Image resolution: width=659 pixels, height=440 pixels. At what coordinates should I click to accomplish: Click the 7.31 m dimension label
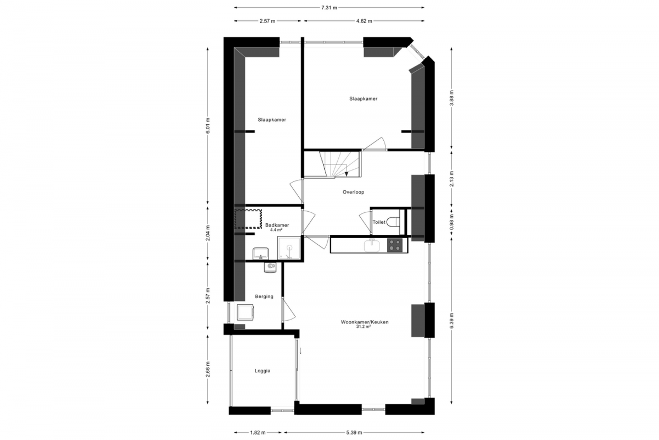pos(329,8)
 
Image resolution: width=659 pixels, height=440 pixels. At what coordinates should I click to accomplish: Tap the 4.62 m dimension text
pos(364,21)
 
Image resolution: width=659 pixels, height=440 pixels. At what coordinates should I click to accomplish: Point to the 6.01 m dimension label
pos(208,126)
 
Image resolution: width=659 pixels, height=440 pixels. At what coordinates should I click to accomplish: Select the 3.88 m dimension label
pos(451,98)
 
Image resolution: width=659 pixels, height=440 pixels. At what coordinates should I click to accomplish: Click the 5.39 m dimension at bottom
pos(354,433)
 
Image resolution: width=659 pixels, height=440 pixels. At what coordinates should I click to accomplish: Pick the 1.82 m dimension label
pos(258,433)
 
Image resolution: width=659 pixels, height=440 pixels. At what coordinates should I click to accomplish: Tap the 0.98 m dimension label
pos(451,222)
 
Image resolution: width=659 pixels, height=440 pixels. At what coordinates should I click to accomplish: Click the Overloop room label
pos(353,192)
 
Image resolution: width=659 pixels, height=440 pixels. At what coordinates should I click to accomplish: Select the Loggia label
pos(263,371)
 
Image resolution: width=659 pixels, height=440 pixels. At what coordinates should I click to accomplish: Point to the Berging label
pos(264,296)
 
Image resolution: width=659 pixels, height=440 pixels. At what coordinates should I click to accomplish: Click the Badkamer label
pos(277,225)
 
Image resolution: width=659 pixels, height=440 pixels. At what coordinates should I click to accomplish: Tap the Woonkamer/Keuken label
pos(365,322)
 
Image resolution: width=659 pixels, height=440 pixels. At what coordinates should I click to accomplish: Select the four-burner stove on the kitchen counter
pos(395,245)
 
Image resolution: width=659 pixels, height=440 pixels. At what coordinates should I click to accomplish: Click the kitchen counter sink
pos(372,245)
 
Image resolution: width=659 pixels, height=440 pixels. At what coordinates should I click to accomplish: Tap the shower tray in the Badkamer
pos(289,248)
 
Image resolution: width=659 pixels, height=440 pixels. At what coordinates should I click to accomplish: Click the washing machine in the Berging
pos(245,312)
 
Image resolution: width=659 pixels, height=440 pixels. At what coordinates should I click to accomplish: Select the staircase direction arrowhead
pos(347,174)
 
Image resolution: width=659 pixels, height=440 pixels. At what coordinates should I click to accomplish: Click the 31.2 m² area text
pos(364,327)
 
